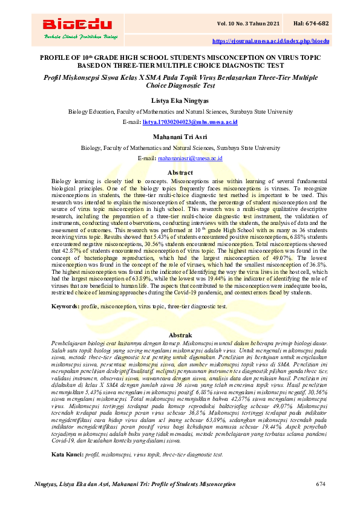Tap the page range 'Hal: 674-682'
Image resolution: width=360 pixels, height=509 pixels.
tap(311, 23)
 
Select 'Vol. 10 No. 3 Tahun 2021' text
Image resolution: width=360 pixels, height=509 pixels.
tap(249, 23)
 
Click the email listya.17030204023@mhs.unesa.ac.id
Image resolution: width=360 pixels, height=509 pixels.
tap(190, 122)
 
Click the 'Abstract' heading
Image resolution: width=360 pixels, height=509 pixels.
tap(180, 173)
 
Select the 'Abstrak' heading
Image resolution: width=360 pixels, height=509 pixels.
tap(180, 334)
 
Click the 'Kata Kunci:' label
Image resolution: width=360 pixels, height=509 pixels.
tap(67, 453)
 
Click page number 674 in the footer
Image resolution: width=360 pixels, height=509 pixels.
tap(321, 485)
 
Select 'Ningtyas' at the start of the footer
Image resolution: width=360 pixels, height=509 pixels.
tap(46, 485)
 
